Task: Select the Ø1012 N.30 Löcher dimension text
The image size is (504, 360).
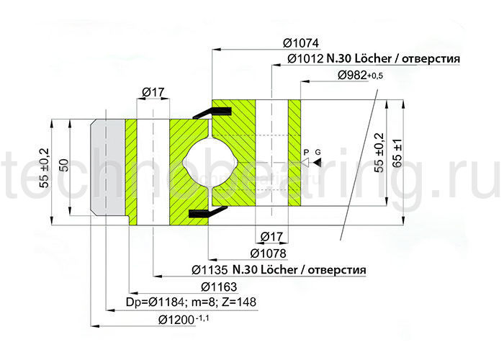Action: point(374,59)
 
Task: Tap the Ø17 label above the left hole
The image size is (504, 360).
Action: point(153,91)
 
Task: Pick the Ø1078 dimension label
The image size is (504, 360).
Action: point(269,253)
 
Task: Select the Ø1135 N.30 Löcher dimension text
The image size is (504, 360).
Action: point(279,270)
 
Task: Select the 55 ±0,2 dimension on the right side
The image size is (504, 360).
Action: point(379,154)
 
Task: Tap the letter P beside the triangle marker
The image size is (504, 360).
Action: point(306,152)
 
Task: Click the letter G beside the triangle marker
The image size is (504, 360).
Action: point(318,152)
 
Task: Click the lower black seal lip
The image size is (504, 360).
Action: point(203,214)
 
